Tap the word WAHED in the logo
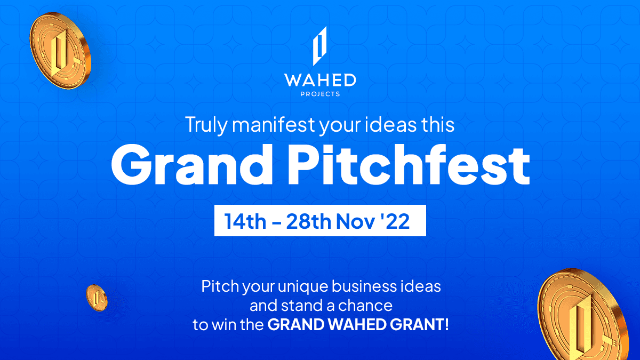[x=320, y=81]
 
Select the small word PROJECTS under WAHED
[x=320, y=94]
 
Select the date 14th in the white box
[x=245, y=221]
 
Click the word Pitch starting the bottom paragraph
[x=219, y=286]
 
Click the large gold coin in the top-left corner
[x=60, y=51]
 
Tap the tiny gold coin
[x=97, y=297]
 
